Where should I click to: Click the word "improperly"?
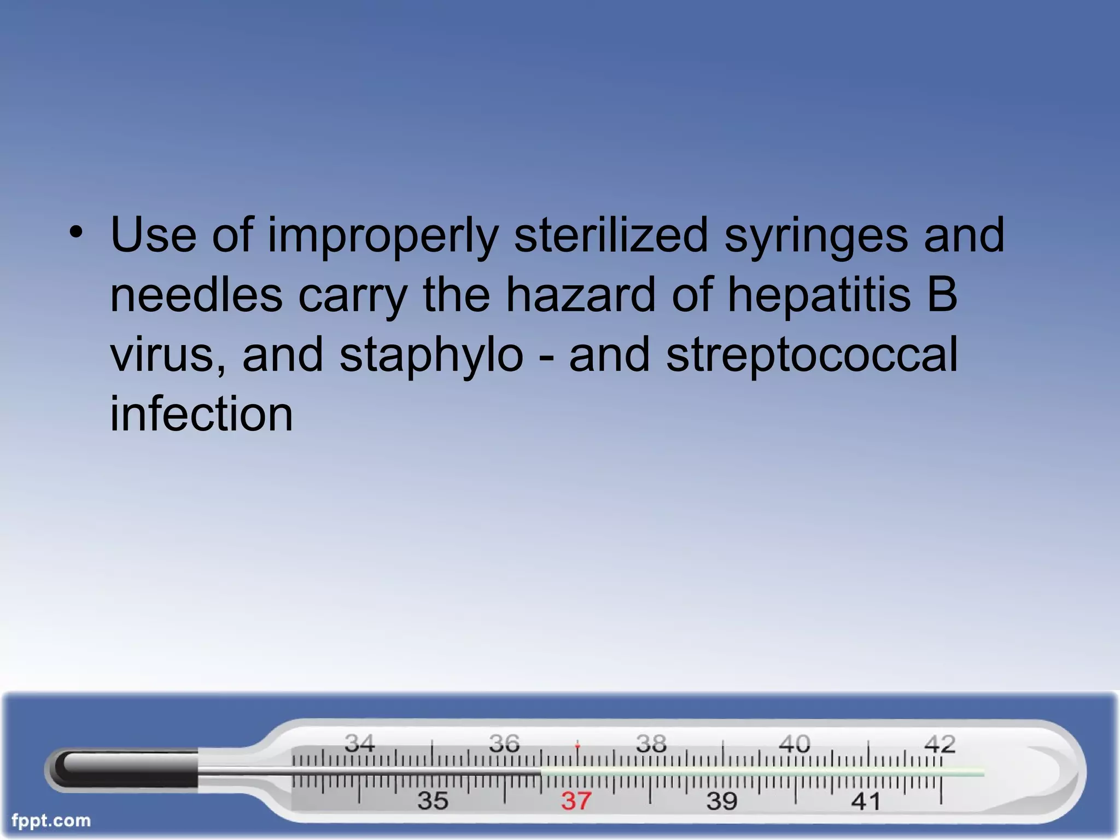click(x=383, y=236)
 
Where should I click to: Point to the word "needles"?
click(x=196, y=295)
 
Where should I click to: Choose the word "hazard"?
click(x=580, y=295)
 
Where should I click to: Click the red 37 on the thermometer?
click(x=576, y=801)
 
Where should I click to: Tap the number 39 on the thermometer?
click(x=722, y=801)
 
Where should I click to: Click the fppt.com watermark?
click(x=51, y=820)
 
